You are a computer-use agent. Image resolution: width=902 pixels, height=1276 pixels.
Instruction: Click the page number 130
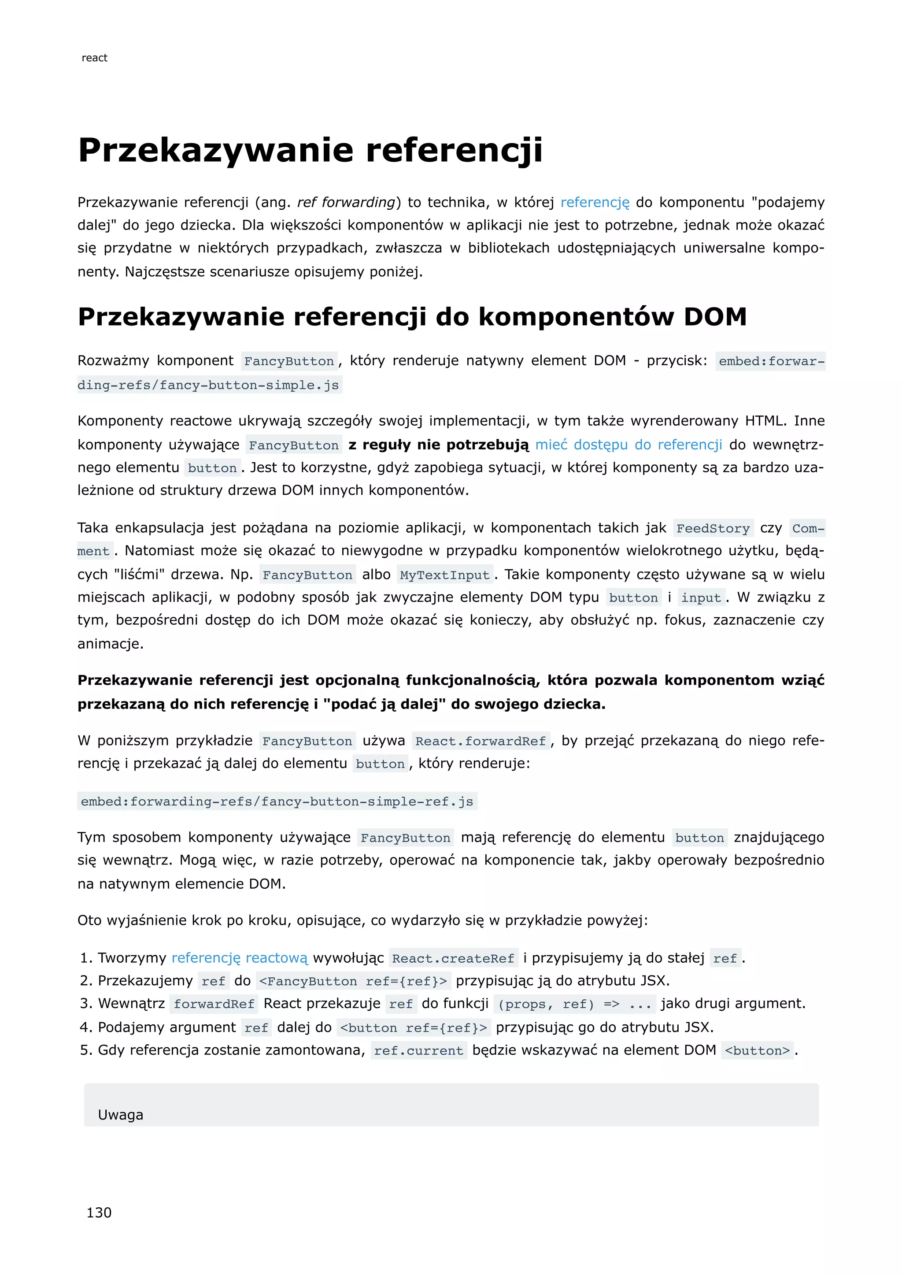click(x=99, y=1213)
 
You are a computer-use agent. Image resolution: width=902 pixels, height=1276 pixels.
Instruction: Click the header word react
click(x=94, y=58)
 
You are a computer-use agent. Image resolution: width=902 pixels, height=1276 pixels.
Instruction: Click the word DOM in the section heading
click(x=715, y=317)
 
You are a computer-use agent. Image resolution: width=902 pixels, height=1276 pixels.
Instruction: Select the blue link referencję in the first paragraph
click(x=595, y=202)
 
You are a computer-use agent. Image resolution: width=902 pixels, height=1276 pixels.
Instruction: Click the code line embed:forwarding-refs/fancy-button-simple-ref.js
click(x=277, y=801)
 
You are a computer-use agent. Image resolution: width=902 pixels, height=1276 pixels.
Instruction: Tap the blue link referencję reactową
click(x=240, y=957)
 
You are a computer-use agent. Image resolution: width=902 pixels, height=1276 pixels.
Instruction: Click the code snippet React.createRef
click(x=453, y=958)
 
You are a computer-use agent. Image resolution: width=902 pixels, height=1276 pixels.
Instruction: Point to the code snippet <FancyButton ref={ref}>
click(x=353, y=981)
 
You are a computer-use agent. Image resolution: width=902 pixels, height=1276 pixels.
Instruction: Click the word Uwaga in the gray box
click(x=121, y=1115)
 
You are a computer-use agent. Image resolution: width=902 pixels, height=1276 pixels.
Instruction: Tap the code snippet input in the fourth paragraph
click(x=701, y=598)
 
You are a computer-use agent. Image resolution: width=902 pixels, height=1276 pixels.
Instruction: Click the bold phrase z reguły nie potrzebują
click(x=439, y=445)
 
